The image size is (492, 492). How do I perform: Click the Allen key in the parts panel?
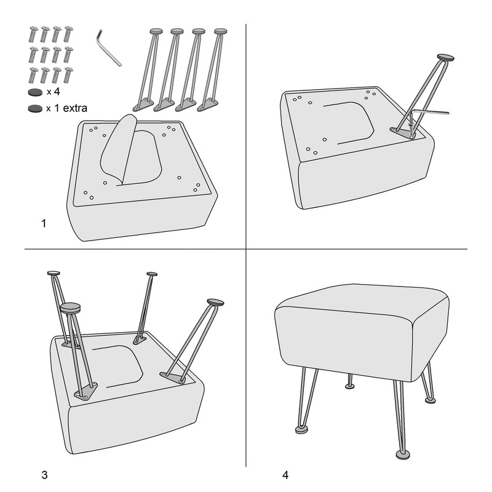108,49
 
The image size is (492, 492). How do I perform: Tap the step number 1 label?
44,223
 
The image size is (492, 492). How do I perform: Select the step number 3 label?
44,475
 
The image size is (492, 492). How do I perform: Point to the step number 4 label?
285,475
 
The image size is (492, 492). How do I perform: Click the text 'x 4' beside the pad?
54,92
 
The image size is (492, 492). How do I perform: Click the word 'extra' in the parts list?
75,108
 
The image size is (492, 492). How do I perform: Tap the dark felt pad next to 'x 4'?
35,92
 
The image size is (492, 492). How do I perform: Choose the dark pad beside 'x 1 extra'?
35,109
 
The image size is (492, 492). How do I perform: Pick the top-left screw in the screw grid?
33,34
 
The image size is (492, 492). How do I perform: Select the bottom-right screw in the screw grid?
68,75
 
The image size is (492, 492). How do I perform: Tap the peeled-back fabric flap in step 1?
119,149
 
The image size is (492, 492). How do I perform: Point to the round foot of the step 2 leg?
445,57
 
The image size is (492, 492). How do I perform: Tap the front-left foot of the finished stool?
302,429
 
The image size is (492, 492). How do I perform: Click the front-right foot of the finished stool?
403,454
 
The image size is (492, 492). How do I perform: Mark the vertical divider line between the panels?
246,245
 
